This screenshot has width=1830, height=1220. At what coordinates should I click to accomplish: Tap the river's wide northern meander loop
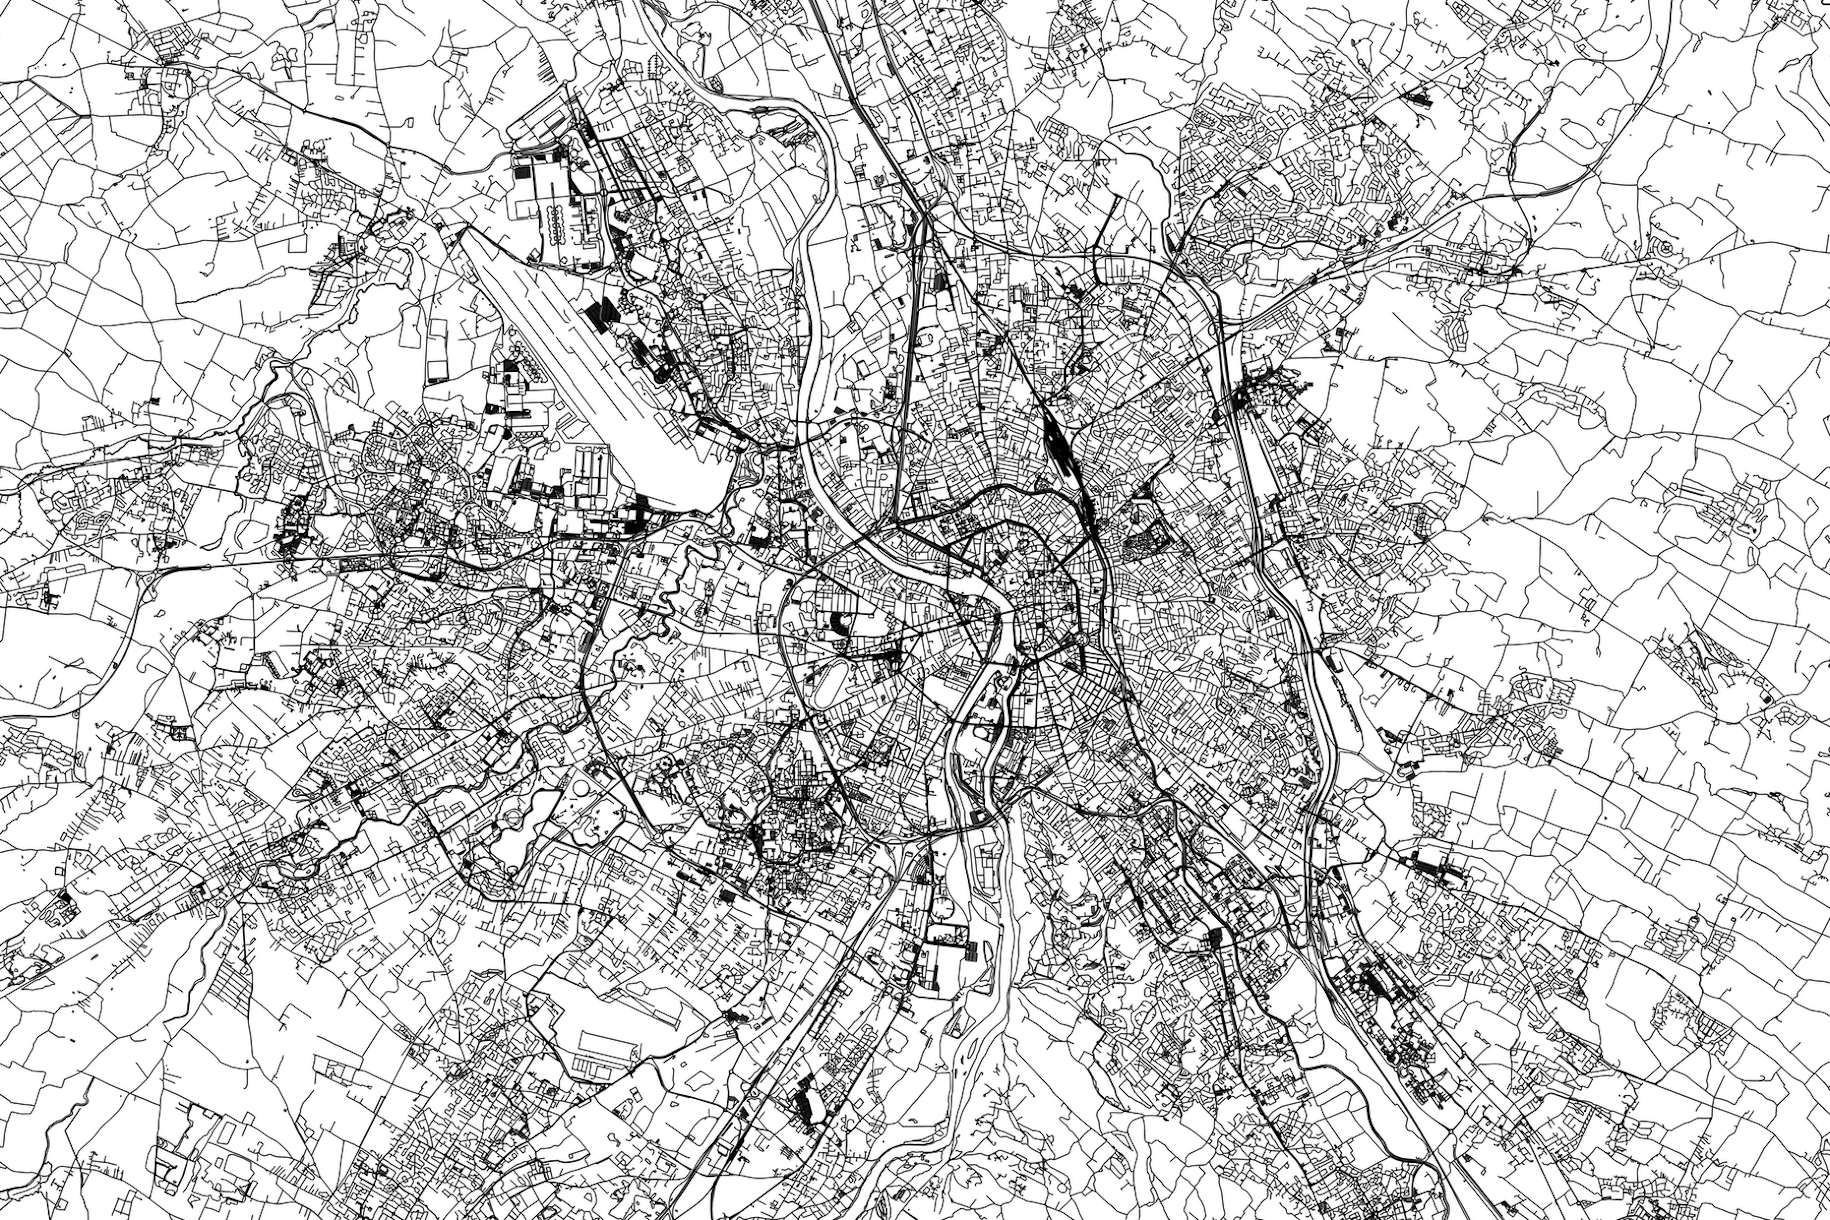815,200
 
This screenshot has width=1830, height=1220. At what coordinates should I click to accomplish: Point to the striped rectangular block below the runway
590,466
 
